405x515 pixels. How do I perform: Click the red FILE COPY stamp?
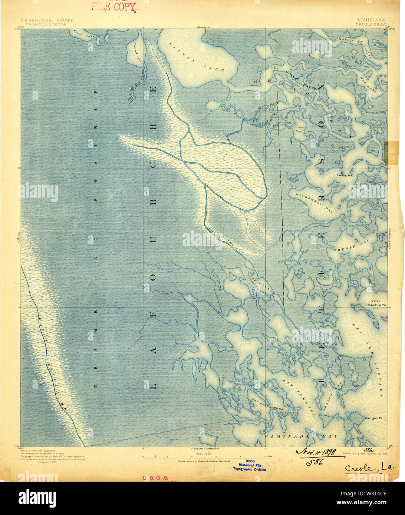114,6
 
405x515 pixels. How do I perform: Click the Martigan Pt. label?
373,418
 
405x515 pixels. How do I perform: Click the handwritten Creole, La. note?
369,468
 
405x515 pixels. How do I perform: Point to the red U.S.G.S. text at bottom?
155,478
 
